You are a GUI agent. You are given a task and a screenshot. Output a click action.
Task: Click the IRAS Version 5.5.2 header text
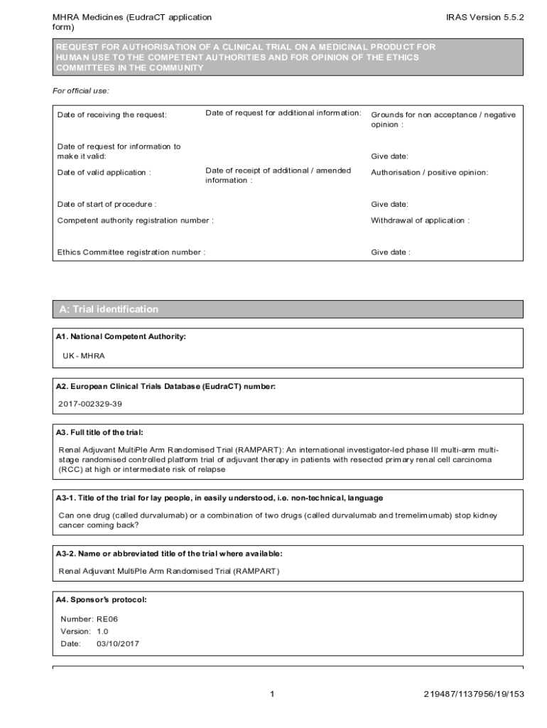coord(484,17)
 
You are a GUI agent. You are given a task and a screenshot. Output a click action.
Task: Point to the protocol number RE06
coord(107,619)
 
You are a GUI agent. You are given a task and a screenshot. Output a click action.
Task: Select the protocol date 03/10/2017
coord(118,643)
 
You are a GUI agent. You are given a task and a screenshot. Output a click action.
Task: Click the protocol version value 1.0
coord(102,631)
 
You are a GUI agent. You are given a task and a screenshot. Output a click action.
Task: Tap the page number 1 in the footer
coord(273,694)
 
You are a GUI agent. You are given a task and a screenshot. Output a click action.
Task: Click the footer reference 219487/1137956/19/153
coord(472,694)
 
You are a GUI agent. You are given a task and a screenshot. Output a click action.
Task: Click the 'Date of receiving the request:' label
coord(112,115)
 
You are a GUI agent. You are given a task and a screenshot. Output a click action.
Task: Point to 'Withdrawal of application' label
coord(420,220)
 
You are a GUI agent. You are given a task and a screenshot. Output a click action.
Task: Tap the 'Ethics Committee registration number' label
coord(131,252)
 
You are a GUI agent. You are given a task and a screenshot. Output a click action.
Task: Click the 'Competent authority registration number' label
coord(135,220)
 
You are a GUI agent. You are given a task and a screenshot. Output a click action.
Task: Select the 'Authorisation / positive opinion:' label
coord(429,173)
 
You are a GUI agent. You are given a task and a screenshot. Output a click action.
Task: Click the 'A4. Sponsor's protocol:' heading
coord(101,601)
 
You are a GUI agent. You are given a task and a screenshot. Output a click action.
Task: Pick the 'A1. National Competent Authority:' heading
coord(121,336)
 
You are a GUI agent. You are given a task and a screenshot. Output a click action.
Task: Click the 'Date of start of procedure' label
coord(107,205)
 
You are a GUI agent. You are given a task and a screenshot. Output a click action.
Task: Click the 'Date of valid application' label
coord(104,173)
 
